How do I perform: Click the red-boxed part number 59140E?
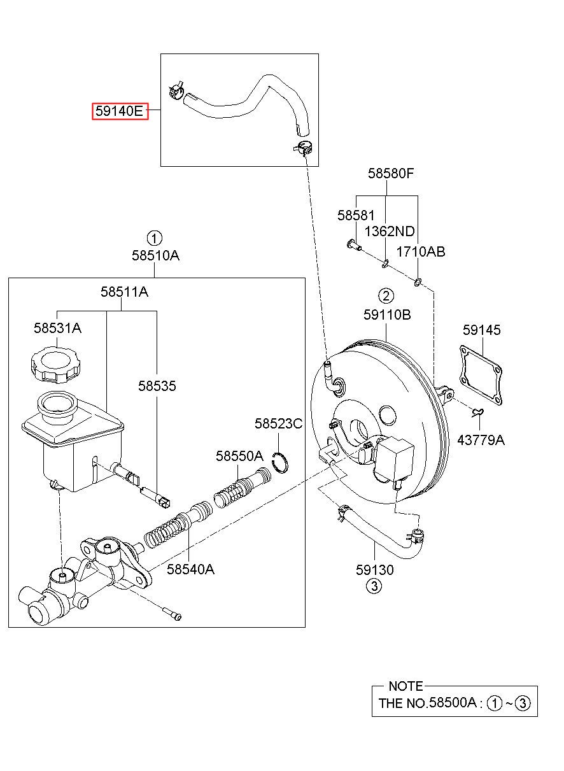[x=120, y=111]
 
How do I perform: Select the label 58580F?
[x=391, y=173]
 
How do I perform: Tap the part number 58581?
[x=355, y=215]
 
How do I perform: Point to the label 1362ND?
[x=390, y=231]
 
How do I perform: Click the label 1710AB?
[x=421, y=251]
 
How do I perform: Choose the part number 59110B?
[x=387, y=315]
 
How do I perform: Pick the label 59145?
[x=481, y=329]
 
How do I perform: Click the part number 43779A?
[x=481, y=439]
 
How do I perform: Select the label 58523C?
[x=278, y=423]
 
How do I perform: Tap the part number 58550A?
[x=239, y=456]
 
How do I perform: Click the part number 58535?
[x=157, y=386]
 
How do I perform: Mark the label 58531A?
[x=57, y=328]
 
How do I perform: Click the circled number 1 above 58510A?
[x=154, y=238]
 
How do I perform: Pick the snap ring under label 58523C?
[x=281, y=462]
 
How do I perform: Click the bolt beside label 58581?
[x=354, y=244]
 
